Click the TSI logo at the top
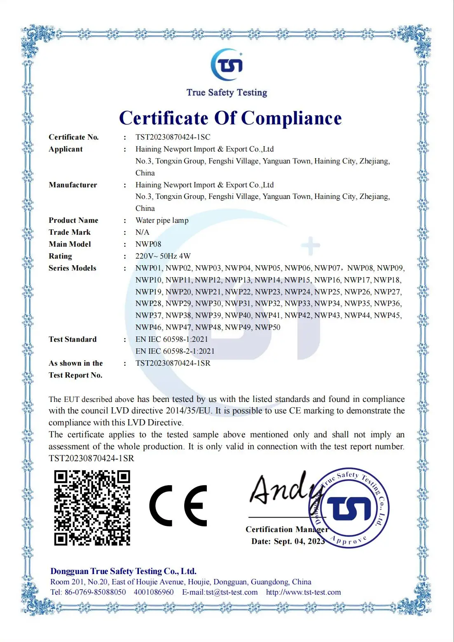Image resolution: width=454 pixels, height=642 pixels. pyautogui.click(x=227, y=65)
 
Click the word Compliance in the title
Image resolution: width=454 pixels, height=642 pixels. pyautogui.click(x=291, y=118)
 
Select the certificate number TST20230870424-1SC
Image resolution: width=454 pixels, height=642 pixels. pyautogui.click(x=173, y=137)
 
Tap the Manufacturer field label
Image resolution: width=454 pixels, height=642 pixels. pyautogui.click(x=73, y=185)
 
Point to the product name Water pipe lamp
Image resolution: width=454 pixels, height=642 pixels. pyautogui.click(x=162, y=220)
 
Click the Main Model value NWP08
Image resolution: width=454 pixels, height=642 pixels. pyautogui.click(x=148, y=244)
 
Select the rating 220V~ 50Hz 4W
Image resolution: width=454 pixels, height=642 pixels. pyautogui.click(x=163, y=256)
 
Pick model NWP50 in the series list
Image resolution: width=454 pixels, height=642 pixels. pyautogui.click(x=267, y=327)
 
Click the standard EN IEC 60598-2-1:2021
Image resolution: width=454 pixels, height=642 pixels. pyautogui.click(x=175, y=351)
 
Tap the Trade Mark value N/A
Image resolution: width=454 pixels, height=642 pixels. pyautogui.click(x=142, y=232)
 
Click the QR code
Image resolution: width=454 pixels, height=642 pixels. pyautogui.click(x=92, y=508)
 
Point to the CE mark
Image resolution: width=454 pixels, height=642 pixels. pyautogui.click(x=178, y=505)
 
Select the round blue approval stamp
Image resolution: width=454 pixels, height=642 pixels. pyautogui.click(x=349, y=507)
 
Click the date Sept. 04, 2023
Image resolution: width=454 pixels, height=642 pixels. pyautogui.click(x=299, y=541)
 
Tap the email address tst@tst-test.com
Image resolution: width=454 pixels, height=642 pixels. pyautogui.click(x=232, y=592)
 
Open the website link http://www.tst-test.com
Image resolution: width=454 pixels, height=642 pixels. pyautogui.click(x=303, y=592)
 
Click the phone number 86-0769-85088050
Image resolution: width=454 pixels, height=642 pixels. pyautogui.click(x=95, y=592)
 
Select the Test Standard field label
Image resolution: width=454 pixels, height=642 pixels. pyautogui.click(x=73, y=339)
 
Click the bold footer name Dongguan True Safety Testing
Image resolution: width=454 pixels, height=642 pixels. pyautogui.click(x=123, y=571)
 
